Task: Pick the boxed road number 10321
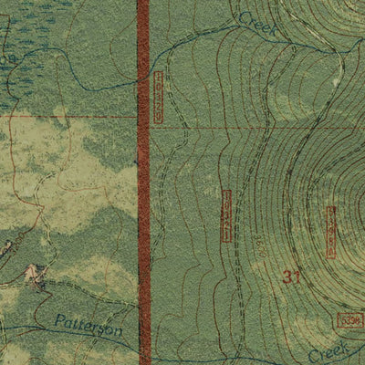(x=226, y=216)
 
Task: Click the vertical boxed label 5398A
(x=330, y=227)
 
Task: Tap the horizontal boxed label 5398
(x=349, y=319)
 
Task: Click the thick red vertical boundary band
(x=143, y=182)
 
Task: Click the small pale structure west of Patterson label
(x=36, y=272)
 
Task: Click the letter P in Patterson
(x=57, y=320)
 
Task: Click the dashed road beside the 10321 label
(x=216, y=216)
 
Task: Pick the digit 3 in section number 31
(x=287, y=278)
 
